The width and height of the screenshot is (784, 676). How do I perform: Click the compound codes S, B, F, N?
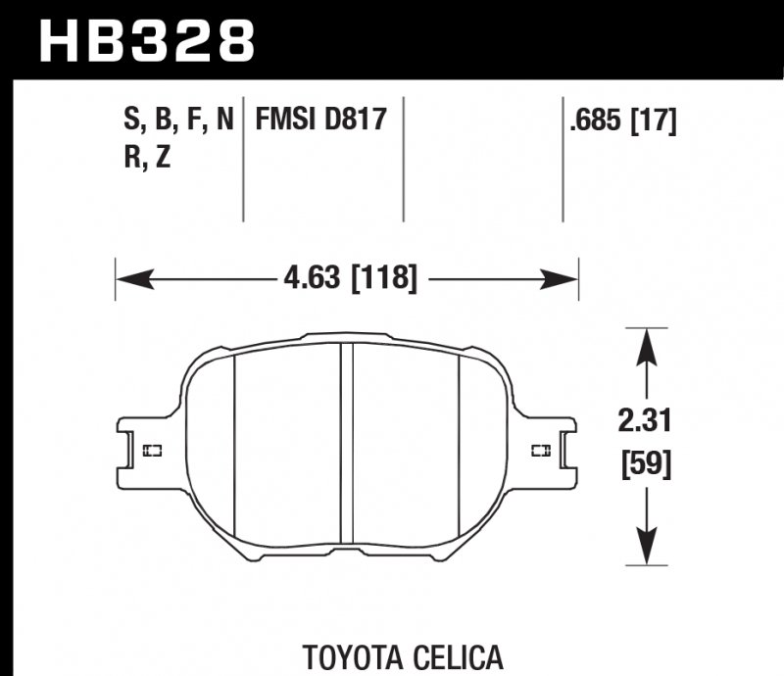click(x=177, y=121)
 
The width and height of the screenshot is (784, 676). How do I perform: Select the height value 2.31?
click(x=643, y=423)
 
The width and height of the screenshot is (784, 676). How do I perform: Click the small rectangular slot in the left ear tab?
click(x=152, y=451)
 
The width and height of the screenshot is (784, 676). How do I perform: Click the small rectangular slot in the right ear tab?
click(x=539, y=451)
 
